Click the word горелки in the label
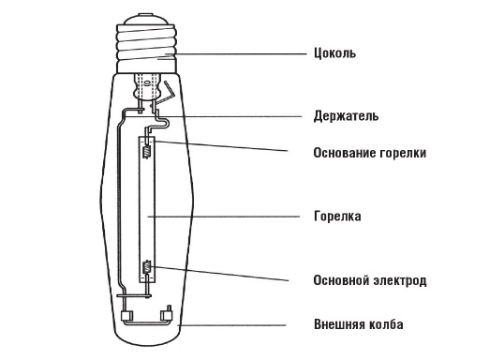click(406, 152)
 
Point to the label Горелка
click(337, 216)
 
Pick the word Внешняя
click(339, 325)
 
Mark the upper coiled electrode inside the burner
click(145, 146)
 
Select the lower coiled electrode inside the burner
click(145, 272)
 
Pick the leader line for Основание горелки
click(225, 147)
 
